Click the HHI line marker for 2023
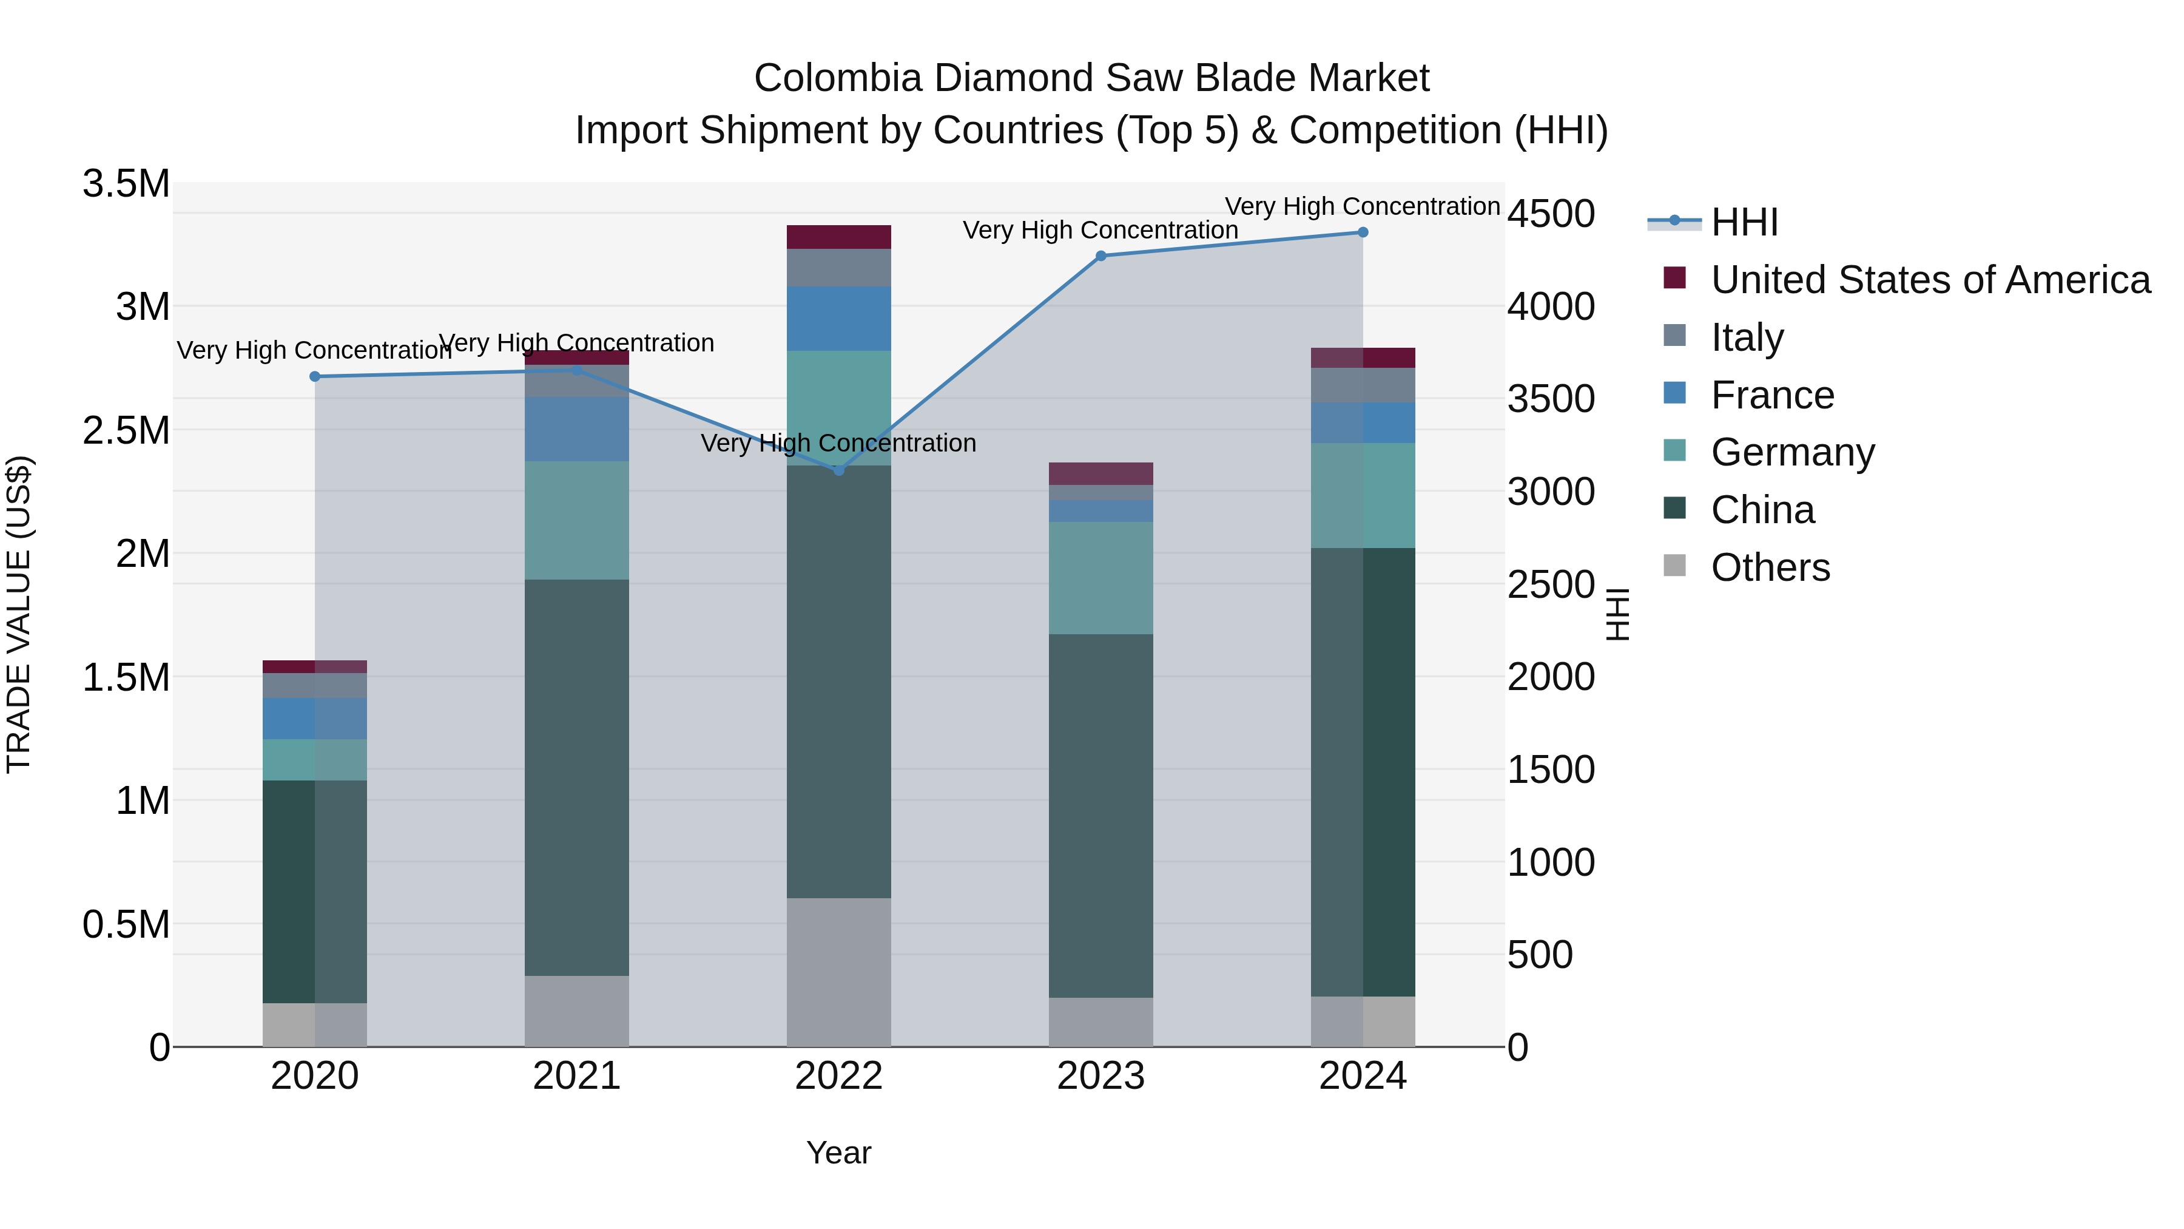(1100, 256)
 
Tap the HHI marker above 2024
(1363, 232)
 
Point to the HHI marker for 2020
(314, 376)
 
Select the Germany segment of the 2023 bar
(1100, 578)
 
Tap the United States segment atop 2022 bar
(838, 237)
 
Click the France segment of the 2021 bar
(576, 429)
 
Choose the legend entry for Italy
(1747, 337)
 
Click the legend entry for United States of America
(1930, 280)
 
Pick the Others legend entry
(1770, 567)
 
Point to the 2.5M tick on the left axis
(126, 430)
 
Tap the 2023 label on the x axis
(1100, 1076)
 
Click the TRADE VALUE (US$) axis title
(19, 614)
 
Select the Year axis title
(838, 1153)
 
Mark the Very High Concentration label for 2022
(838, 443)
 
